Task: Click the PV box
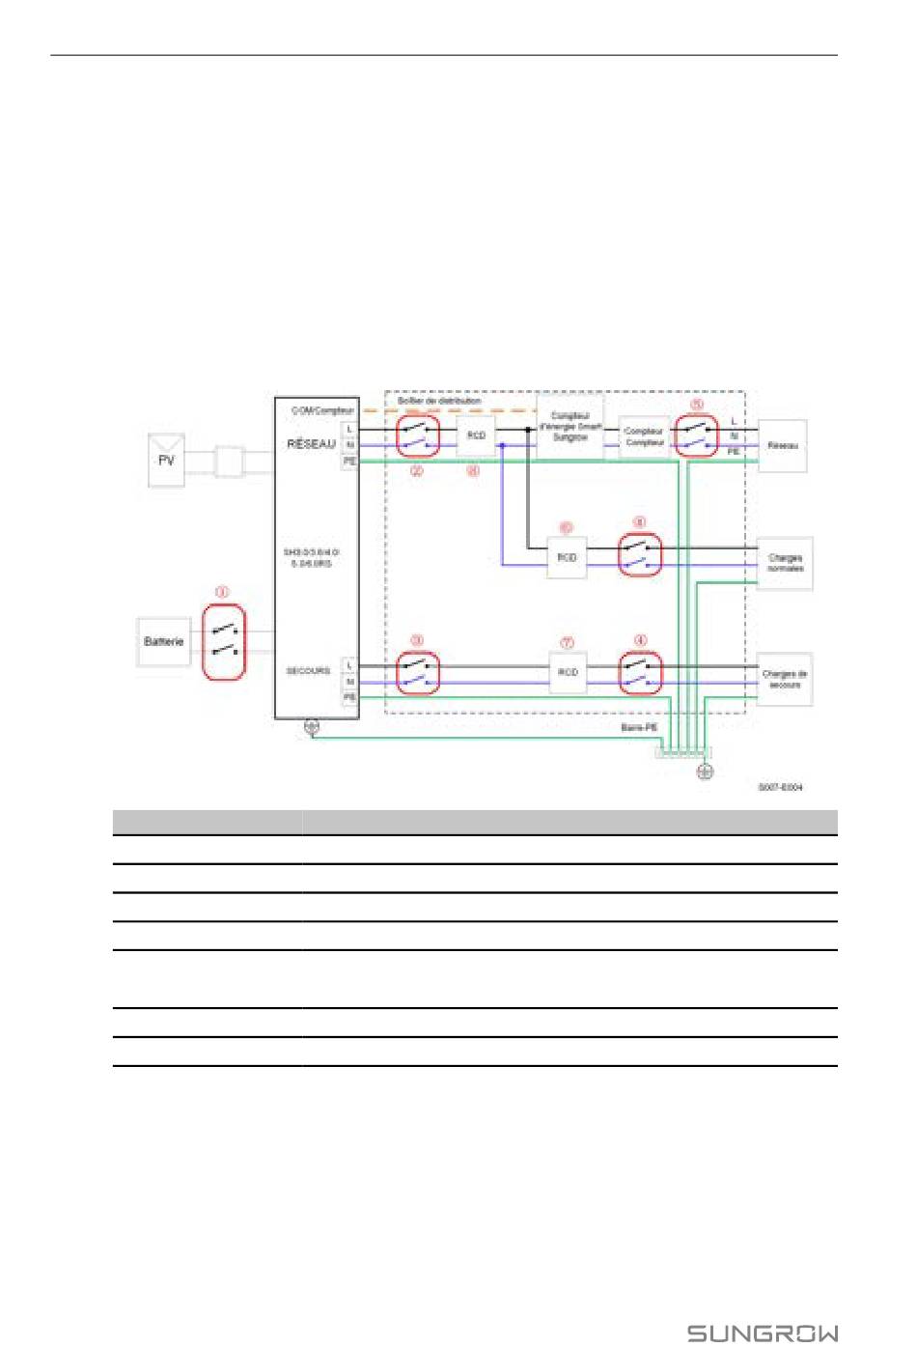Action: (166, 461)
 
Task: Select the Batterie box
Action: (164, 642)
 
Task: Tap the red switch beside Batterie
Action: (224, 642)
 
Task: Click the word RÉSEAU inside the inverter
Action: (311, 444)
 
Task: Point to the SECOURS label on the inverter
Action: (308, 670)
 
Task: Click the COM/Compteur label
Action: (322, 410)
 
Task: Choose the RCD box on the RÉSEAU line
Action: (476, 436)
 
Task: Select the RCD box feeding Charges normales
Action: (567, 558)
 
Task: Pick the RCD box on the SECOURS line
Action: (568, 672)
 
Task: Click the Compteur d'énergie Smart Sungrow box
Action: (570, 427)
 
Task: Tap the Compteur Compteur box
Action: (644, 437)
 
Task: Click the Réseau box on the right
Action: (782, 446)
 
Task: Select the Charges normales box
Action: (785, 563)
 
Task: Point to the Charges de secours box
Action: (784, 679)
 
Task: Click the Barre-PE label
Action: (639, 727)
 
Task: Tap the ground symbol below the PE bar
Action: (705, 772)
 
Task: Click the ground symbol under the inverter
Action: (312, 728)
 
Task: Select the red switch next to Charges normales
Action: (640, 555)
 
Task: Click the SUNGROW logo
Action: (763, 1333)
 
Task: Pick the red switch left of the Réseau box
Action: (696, 436)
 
